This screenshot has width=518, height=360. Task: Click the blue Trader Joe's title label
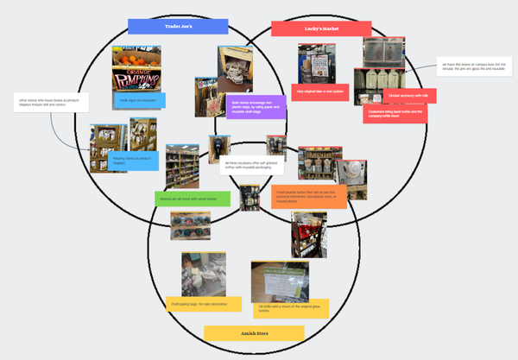[x=177, y=27]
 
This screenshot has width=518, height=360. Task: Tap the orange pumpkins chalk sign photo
[x=137, y=68]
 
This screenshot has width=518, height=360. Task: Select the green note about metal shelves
[x=193, y=199]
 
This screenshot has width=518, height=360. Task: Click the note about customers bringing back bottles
[x=395, y=115]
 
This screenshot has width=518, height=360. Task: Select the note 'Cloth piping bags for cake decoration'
[x=195, y=304]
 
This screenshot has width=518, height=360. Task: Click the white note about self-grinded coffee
[x=251, y=166]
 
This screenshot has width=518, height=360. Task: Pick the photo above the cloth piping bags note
[x=204, y=274]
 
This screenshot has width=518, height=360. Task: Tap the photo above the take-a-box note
[x=317, y=63]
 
